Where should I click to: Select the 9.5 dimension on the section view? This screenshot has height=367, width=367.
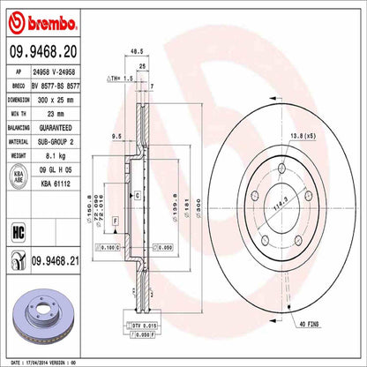click(x=116, y=137)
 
